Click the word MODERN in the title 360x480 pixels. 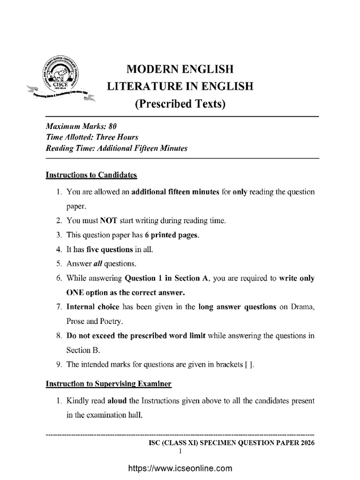point(153,70)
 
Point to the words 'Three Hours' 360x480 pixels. point(120,137)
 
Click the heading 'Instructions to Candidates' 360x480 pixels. point(91,175)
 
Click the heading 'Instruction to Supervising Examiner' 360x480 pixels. point(108,384)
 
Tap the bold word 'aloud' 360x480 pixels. point(117,402)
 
